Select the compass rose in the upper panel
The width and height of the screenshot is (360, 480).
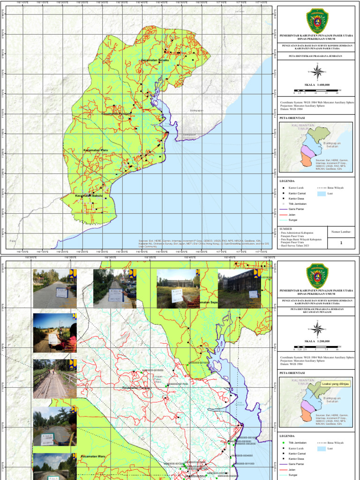click(x=317, y=72)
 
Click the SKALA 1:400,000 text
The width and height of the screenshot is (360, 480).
click(x=317, y=84)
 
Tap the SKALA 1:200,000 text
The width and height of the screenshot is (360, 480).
click(x=317, y=341)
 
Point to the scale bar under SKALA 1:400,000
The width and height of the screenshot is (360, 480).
click(x=317, y=90)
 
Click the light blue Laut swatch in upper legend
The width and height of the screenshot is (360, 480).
click(x=321, y=193)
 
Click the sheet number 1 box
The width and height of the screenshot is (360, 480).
click(x=341, y=243)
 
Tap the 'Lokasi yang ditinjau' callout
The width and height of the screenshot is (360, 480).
click(x=335, y=383)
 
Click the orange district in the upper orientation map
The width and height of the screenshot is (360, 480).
click(x=306, y=161)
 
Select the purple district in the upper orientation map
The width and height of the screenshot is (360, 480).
click(x=307, y=151)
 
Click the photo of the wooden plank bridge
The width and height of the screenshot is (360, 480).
click(x=54, y=378)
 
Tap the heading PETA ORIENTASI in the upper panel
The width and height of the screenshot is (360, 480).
click(x=292, y=119)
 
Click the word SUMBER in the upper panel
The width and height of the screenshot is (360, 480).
click(x=286, y=229)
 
